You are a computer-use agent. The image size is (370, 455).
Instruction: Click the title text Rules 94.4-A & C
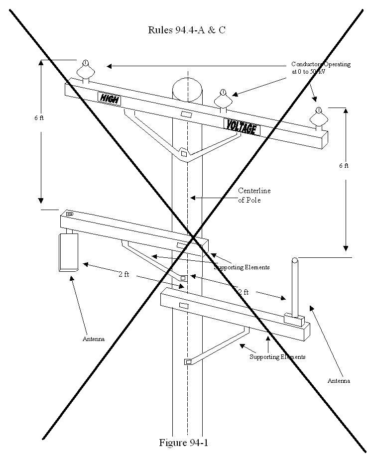[x=186, y=30]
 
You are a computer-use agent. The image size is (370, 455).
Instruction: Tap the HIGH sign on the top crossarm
[x=109, y=98]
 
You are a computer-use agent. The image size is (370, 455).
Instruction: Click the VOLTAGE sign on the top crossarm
[x=242, y=127]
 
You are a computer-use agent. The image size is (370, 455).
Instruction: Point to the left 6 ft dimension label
[x=39, y=118]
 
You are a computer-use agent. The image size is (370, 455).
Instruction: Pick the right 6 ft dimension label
[x=344, y=165]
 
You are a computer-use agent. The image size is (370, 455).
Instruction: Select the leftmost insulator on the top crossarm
[x=85, y=71]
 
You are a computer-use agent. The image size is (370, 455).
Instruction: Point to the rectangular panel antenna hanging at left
[x=68, y=252]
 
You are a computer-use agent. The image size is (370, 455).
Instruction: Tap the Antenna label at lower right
[x=339, y=381]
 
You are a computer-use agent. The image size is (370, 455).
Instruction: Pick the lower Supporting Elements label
[x=277, y=357]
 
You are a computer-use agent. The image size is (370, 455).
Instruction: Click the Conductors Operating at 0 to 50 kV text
[x=321, y=68]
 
